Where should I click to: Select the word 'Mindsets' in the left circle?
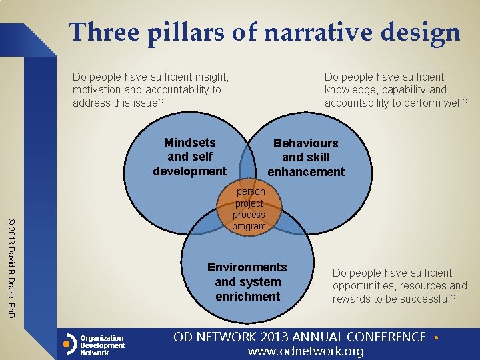(x=190, y=142)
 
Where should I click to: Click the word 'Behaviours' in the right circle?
(x=306, y=143)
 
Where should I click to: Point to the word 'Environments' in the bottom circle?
(x=247, y=267)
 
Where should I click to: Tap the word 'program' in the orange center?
(x=249, y=227)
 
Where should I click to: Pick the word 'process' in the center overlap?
(x=249, y=215)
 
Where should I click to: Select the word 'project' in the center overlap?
(x=249, y=203)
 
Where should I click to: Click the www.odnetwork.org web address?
(x=306, y=351)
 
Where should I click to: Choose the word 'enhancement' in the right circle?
(x=306, y=172)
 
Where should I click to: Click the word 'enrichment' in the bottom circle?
(x=247, y=296)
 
